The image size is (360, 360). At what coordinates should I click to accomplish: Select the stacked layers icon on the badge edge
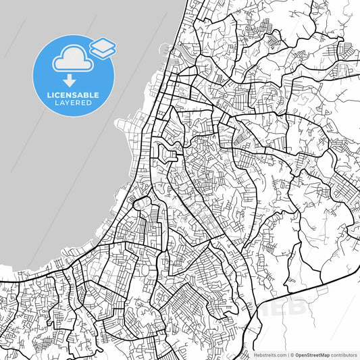[103, 47]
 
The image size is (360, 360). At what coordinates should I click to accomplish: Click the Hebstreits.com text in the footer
[269, 354]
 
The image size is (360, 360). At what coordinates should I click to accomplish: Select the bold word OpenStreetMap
[312, 354]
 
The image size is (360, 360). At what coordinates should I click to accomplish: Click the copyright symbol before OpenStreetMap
[291, 354]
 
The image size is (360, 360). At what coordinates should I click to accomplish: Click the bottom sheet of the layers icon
[103, 51]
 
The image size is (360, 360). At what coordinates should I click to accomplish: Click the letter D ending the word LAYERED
[91, 103]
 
